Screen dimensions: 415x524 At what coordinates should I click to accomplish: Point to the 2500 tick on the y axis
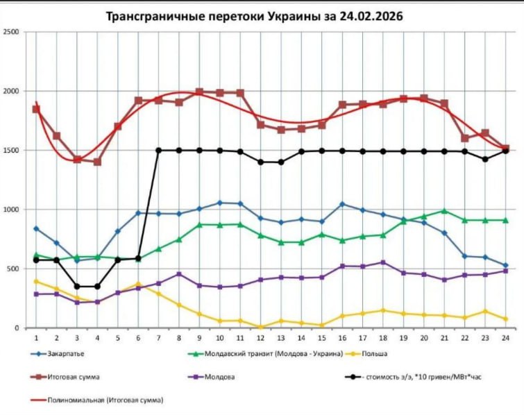(x=12, y=32)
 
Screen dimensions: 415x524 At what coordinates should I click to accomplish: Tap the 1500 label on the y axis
(x=12, y=150)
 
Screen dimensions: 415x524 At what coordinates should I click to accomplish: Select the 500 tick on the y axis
(x=14, y=269)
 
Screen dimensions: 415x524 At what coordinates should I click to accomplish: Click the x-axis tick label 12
(x=260, y=337)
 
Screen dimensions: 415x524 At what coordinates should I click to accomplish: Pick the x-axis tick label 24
(x=505, y=337)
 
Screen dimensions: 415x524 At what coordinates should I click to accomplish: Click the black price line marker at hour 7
(x=158, y=150)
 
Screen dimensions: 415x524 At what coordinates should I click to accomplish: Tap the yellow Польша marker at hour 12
(x=260, y=327)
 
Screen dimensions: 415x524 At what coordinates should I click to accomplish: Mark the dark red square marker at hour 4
(x=97, y=162)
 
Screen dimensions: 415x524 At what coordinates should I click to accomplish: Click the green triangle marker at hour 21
(x=444, y=211)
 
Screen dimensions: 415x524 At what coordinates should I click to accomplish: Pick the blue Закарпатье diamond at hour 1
(x=36, y=228)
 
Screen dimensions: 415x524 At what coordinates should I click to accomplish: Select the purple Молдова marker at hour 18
(x=383, y=262)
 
